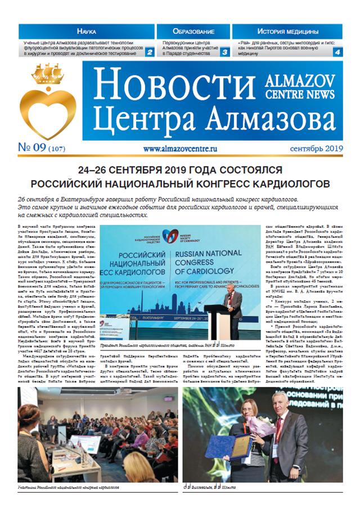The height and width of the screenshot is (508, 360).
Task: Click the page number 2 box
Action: (x=150, y=52)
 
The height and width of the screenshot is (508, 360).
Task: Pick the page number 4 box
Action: (x=337, y=52)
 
